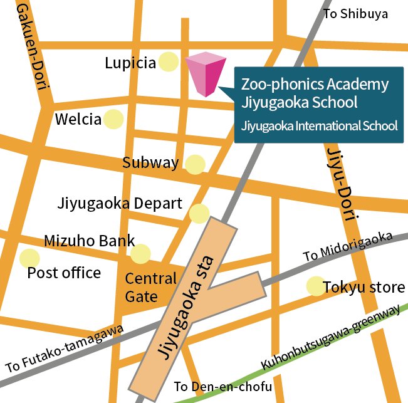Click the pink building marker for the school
click(x=205, y=75)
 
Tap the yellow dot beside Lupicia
click(x=168, y=61)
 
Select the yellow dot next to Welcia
click(x=113, y=118)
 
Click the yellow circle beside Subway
click(x=195, y=164)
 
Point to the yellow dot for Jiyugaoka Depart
click(x=199, y=213)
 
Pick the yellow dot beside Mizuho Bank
click(x=140, y=254)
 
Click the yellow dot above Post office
click(x=29, y=258)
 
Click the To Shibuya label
click(x=355, y=14)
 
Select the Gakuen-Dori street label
click(x=30, y=46)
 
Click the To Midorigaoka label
click(x=348, y=247)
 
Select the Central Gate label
click(x=150, y=287)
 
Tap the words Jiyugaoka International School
click(x=319, y=125)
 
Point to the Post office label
click(x=64, y=273)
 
